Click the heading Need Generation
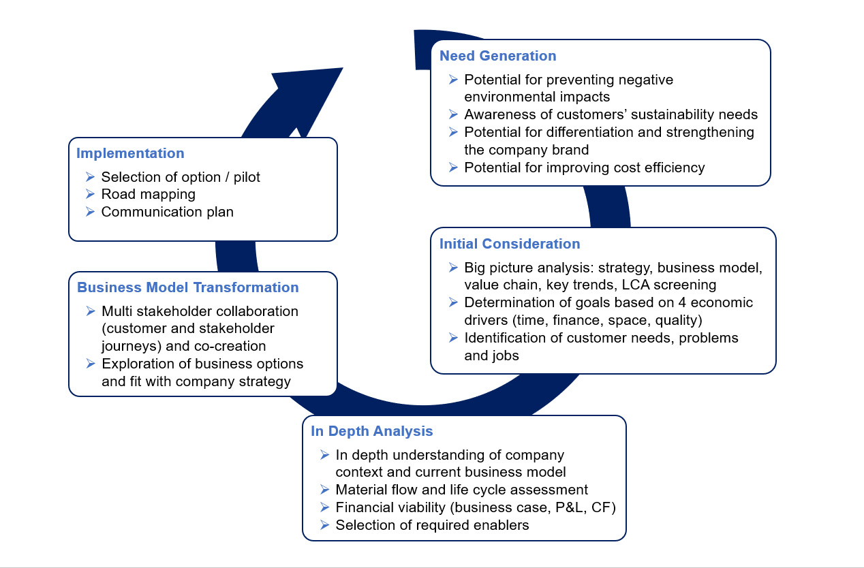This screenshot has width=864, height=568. point(497,56)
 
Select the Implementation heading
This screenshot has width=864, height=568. point(130,153)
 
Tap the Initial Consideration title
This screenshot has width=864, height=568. point(510,244)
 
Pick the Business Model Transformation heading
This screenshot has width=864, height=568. point(188,287)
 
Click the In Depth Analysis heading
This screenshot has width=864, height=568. point(372,431)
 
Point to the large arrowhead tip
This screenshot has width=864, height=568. point(343,68)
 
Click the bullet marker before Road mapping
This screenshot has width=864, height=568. point(90,194)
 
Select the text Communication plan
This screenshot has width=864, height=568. point(168,212)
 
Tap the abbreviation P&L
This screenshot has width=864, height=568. point(569,507)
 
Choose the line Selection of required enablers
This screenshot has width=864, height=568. point(432,525)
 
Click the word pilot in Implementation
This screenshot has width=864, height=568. point(247,177)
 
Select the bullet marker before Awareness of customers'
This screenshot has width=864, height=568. point(453,114)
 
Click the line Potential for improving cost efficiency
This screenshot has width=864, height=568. point(585,168)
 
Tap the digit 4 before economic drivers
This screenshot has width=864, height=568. point(682,302)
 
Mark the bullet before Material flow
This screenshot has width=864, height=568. point(324,490)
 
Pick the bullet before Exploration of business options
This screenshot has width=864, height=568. point(91,364)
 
